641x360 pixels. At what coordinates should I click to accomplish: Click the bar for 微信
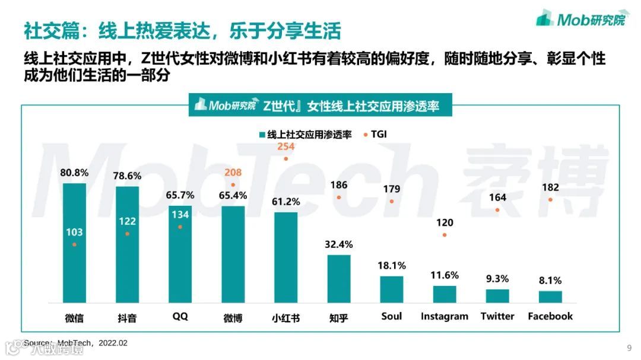(74, 243)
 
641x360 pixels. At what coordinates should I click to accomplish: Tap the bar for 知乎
(339, 279)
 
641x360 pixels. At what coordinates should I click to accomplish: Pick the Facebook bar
(550, 297)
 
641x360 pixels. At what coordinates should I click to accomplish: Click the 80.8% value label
(74, 173)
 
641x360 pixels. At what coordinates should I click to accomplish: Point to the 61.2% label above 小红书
(285, 202)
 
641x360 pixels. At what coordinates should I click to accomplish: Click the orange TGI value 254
(286, 146)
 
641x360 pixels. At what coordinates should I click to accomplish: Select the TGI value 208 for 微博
(233, 173)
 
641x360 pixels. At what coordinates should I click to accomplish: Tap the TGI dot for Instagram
(445, 235)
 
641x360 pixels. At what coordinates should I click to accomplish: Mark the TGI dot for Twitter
(497, 210)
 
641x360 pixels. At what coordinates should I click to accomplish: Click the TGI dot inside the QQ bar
(180, 227)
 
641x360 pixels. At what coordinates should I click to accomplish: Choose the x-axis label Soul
(392, 316)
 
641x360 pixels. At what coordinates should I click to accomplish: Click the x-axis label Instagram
(445, 316)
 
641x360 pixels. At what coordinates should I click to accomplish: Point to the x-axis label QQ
(180, 316)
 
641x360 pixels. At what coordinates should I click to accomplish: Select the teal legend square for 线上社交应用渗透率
(262, 135)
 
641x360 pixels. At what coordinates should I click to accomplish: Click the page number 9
(629, 348)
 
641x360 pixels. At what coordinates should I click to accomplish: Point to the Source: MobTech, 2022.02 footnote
(75, 343)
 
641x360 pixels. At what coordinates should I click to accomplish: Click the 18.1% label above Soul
(392, 266)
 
